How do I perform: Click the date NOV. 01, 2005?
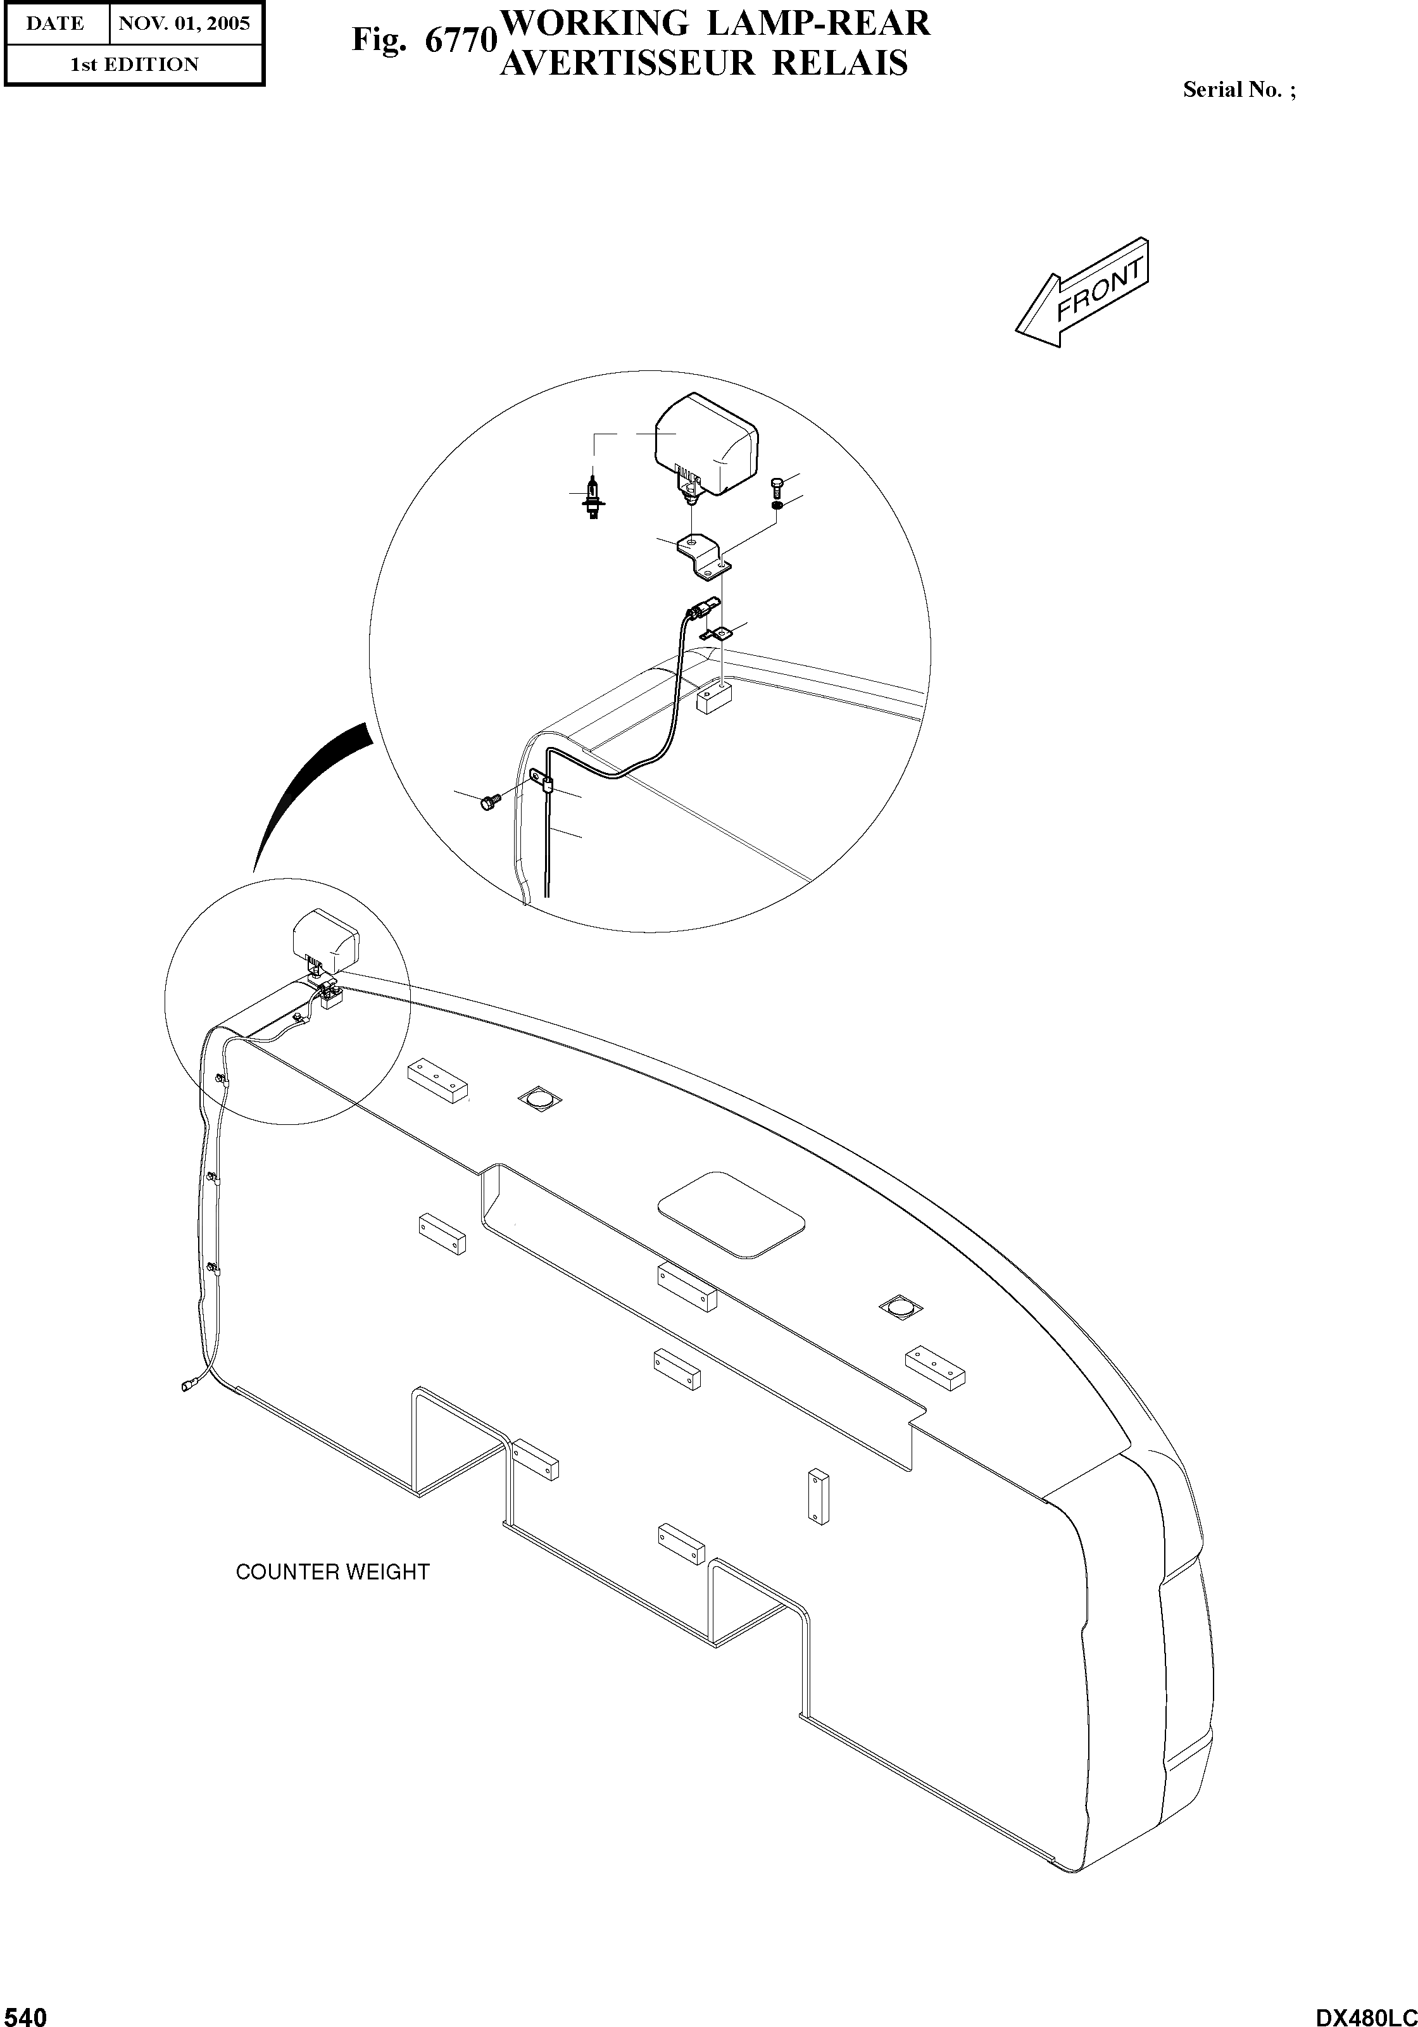pyautogui.click(x=185, y=24)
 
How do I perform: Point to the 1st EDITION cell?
pyautogui.click(x=134, y=65)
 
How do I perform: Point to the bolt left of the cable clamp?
pyautogui.click(x=488, y=801)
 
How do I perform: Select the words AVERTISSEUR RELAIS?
pyautogui.click(x=704, y=63)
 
